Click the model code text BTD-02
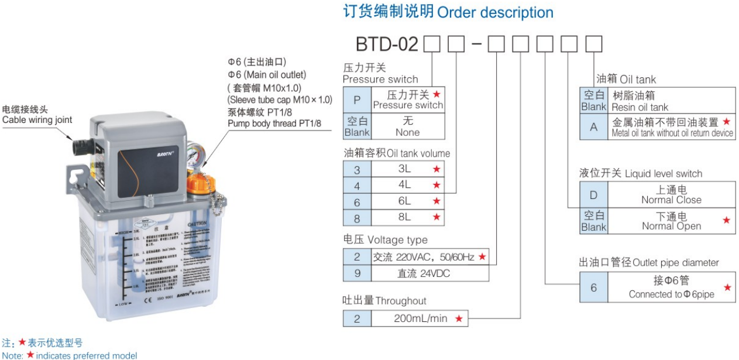(x=387, y=44)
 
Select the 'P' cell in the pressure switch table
(x=357, y=100)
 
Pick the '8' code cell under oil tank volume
(x=357, y=217)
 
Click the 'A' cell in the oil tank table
(x=594, y=127)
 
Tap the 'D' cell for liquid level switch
(x=594, y=194)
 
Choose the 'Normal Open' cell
(x=671, y=221)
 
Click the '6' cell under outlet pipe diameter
(x=594, y=287)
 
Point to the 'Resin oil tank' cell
(x=672, y=101)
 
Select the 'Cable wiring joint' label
(x=37, y=120)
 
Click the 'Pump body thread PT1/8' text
(x=274, y=124)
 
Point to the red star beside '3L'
(x=436, y=169)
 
